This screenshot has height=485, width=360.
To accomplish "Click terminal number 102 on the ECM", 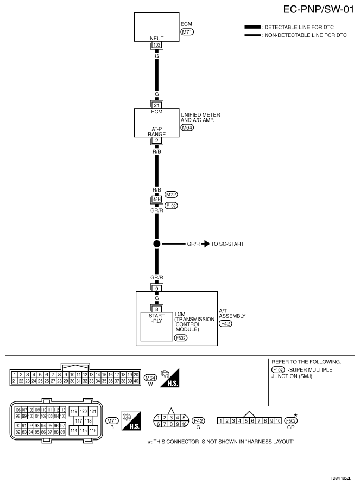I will click(156, 45).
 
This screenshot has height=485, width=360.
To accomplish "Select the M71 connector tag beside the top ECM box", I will click(187, 32).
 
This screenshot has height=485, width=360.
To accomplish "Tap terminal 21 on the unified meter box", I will click(156, 105).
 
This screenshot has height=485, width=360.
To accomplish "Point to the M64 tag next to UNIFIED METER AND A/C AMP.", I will click(187, 128).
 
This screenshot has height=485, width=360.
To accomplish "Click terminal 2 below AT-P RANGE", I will click(156, 140).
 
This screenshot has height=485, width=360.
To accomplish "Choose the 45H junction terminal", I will click(156, 199).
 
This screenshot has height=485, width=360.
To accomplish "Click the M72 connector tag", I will click(172, 194).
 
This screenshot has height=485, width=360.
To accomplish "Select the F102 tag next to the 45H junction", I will click(172, 206).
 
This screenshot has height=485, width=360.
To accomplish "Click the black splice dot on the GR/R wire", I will click(156, 244).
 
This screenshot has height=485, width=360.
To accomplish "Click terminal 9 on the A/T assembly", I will click(156, 288).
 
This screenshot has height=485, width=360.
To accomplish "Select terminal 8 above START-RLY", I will click(156, 308).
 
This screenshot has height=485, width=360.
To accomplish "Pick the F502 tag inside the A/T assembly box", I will click(181, 337).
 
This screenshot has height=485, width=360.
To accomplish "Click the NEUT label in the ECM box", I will click(156, 39).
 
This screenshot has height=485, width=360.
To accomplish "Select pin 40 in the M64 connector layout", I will click(137, 381).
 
